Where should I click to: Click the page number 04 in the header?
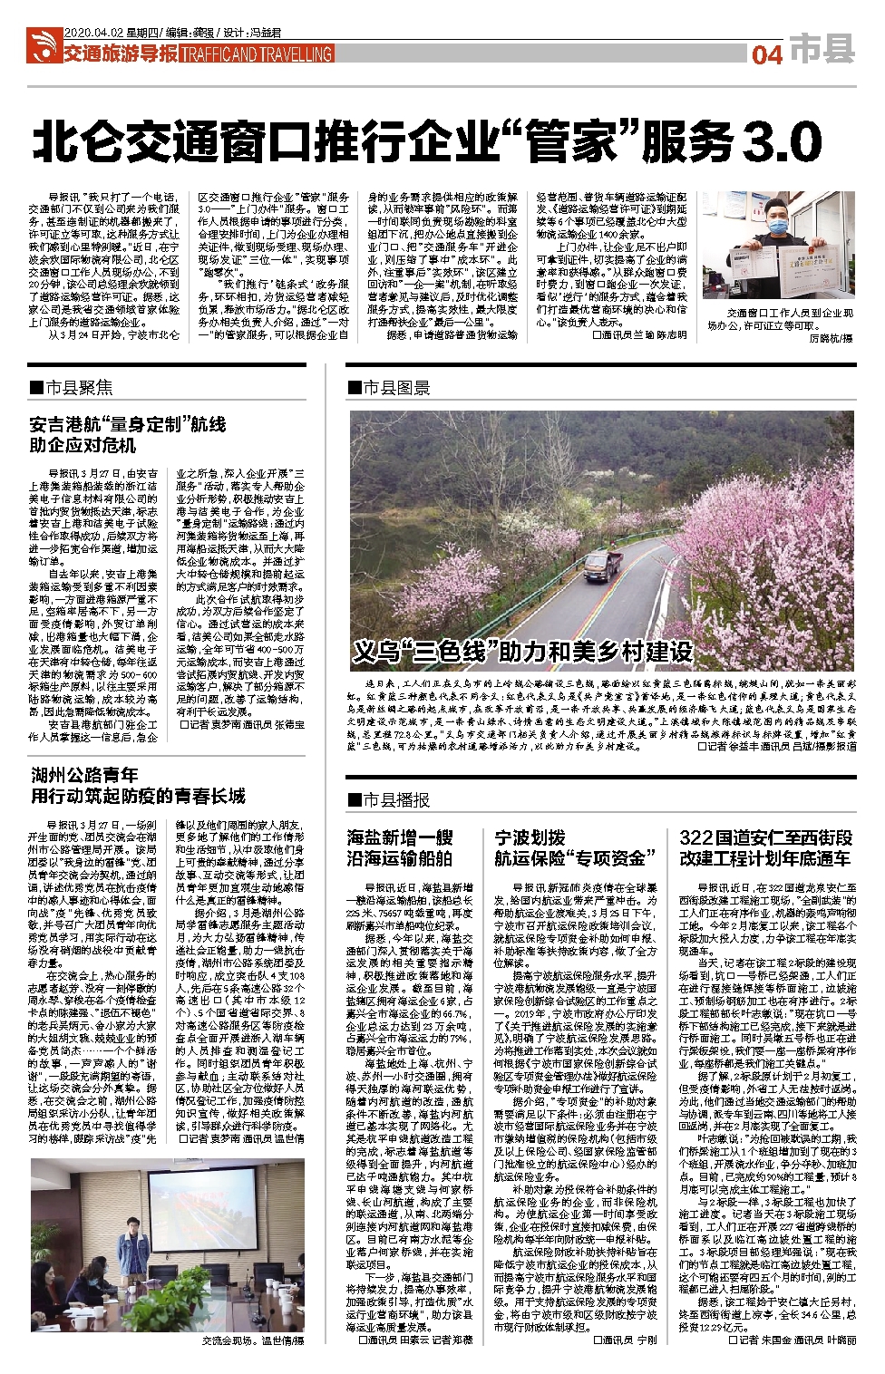[x=766, y=54]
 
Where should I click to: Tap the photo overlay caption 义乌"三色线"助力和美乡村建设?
[x=522, y=650]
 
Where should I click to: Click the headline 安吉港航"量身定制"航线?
[x=128, y=424]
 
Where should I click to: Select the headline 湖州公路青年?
[x=84, y=775]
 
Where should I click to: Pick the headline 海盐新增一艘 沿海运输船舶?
[x=400, y=847]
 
